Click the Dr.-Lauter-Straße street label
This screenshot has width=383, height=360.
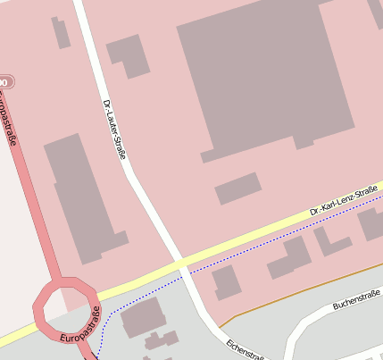coord(114,130)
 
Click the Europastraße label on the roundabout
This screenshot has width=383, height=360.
coord(81,326)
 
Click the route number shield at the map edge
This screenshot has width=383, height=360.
coord(5,82)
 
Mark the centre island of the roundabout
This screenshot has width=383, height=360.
coord(65,305)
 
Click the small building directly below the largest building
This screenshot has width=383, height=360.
coord(238,188)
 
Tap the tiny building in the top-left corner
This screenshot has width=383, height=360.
coord(62,33)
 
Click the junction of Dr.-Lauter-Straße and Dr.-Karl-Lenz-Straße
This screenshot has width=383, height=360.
coord(181,264)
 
